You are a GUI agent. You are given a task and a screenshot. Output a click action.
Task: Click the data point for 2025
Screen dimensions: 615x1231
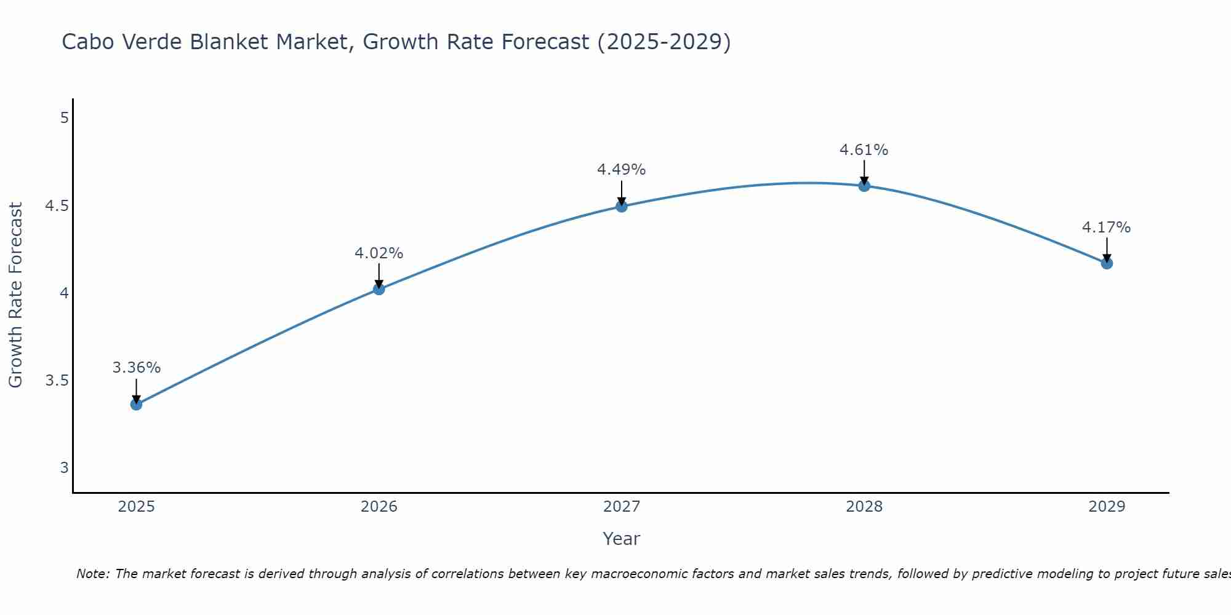coord(136,404)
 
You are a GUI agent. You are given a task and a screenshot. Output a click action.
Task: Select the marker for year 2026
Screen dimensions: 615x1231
coord(379,289)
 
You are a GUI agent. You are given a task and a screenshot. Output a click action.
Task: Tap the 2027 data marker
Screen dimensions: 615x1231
coord(622,206)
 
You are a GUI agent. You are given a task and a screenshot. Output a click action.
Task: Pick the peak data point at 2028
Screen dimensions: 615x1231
coord(864,185)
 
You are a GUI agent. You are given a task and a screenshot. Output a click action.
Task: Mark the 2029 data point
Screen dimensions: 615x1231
coord(1107,263)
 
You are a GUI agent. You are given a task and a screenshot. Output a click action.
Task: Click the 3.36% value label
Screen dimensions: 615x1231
coord(136,368)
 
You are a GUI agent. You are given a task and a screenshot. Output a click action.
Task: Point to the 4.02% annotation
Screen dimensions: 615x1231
coord(379,253)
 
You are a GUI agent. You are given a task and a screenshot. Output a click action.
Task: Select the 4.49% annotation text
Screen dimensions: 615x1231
coord(621,170)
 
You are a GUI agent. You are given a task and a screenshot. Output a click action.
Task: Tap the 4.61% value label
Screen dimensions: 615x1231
coord(864,150)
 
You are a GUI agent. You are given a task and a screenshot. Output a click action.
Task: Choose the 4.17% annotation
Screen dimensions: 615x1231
coord(1106,228)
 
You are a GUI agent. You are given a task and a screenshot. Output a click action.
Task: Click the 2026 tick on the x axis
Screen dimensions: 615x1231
coord(379,507)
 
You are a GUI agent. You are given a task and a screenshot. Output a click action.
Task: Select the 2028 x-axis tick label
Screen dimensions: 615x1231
coord(864,507)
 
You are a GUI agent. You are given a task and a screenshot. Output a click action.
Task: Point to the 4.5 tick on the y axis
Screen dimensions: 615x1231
coord(57,205)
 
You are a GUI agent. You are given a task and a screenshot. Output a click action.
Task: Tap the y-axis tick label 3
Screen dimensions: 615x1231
coord(64,468)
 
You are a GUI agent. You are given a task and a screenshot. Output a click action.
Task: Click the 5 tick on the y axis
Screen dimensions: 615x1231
coord(64,117)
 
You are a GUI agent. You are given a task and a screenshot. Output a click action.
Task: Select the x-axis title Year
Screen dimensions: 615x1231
coord(621,539)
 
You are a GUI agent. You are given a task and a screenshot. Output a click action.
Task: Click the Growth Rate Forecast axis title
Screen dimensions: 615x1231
coord(15,295)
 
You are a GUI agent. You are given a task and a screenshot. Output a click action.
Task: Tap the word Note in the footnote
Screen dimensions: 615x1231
coord(92,574)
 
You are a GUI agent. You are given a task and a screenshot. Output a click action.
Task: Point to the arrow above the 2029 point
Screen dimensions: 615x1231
coord(1107,249)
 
